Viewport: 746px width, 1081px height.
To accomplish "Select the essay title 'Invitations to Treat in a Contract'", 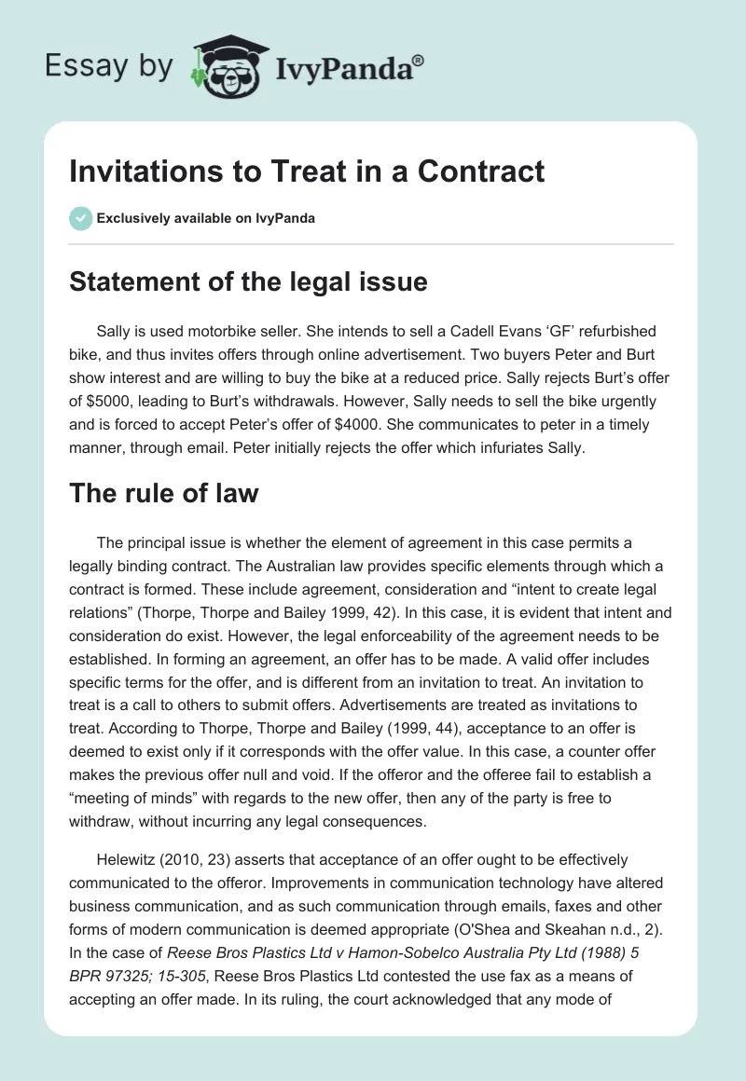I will (x=307, y=172).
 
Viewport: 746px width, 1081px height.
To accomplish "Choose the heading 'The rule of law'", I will (x=163, y=493).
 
